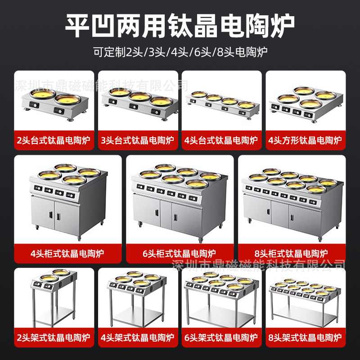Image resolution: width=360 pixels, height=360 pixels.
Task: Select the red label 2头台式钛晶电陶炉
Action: coord(54,141)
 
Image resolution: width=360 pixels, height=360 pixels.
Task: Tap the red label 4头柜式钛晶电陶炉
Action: coord(67,253)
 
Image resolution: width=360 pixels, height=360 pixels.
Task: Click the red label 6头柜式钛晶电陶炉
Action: coord(180,253)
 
